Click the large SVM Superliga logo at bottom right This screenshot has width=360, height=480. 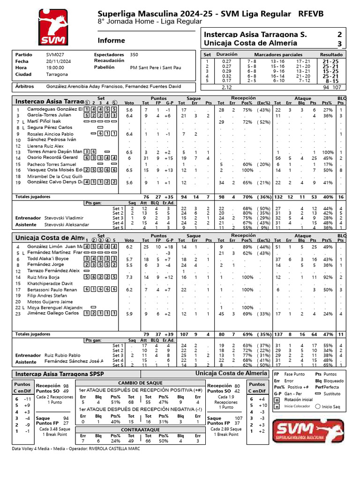click(309, 432)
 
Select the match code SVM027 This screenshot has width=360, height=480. click(55, 54)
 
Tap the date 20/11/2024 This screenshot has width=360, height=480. click(58, 61)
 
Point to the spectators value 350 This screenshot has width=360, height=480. click(134, 54)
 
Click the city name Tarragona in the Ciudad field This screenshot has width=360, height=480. click(57, 74)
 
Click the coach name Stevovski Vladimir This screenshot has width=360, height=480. click(64, 218)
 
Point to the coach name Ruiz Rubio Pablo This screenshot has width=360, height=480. click(62, 355)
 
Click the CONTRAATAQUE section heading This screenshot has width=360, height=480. click(141, 429)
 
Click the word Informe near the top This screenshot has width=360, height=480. click(112, 40)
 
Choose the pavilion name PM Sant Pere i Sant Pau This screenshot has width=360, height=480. click(156, 67)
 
